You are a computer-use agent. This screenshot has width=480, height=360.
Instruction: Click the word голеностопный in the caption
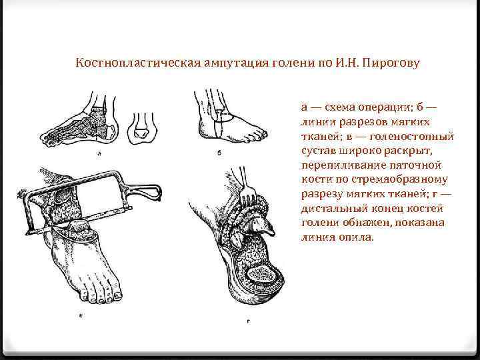(x=417, y=136)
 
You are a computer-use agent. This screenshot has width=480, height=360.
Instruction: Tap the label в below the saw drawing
(x=80, y=315)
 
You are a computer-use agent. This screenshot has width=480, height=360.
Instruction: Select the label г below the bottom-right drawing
(x=247, y=322)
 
